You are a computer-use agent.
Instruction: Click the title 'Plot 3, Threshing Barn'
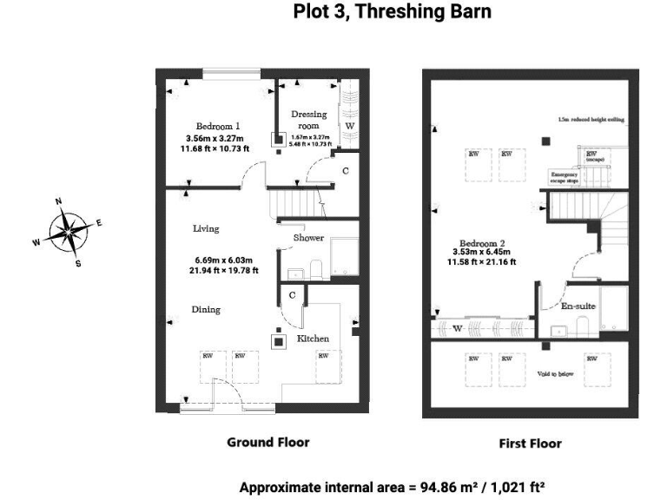point(392,12)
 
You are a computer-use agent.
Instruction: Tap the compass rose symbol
point(68,232)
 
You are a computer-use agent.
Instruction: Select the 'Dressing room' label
point(308,120)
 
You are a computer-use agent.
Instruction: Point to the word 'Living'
point(206,229)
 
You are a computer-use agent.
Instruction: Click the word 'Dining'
point(206,309)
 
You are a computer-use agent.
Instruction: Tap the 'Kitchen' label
point(313,338)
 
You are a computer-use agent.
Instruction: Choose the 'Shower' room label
point(308,238)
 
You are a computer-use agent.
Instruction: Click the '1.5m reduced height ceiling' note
point(591,120)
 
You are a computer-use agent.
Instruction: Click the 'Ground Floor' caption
point(267,442)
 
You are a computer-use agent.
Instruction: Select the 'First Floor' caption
point(530,444)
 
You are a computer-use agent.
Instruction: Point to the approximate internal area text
point(392,486)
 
